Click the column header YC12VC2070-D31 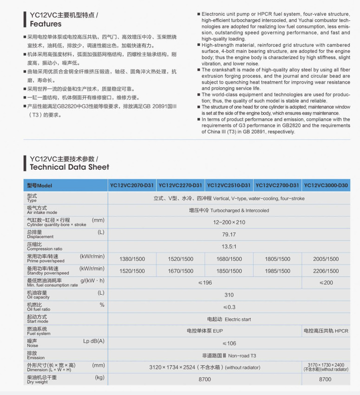pos(132,186)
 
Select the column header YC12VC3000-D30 pos(326,186)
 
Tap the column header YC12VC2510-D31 pos(229,186)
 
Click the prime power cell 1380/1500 pos(132,259)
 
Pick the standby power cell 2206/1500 pos(326,271)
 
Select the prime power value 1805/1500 pos(277,259)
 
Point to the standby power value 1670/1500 pos(180,271)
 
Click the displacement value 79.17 pos(229,234)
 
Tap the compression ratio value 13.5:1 pos(229,247)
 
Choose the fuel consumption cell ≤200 pos(326,283)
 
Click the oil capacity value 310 pos(229,295)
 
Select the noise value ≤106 pos(229,343)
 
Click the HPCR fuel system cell pos(326,331)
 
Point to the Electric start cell pos(229,319)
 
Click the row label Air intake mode pos(43,210)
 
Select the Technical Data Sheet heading pos(69,167)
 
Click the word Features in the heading pos(46,24)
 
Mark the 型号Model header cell pos(40,186)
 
